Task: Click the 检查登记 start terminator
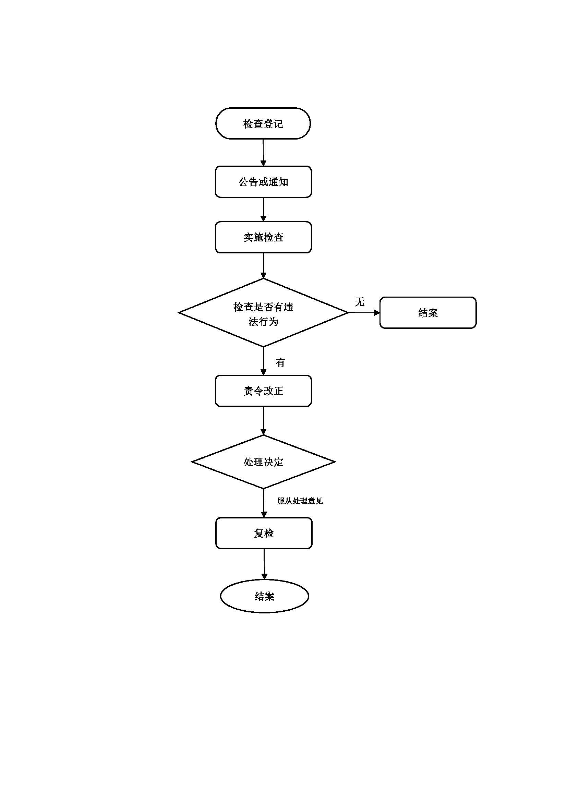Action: [263, 123]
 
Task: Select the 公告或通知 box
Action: [263, 182]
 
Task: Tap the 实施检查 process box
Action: [263, 237]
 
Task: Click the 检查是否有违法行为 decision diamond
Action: [263, 313]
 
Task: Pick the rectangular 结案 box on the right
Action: [428, 313]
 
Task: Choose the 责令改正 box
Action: [263, 391]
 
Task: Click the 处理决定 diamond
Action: [263, 462]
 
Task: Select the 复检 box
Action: [264, 533]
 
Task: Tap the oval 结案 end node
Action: [264, 596]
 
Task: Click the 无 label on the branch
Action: [360, 302]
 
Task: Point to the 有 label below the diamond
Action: [280, 362]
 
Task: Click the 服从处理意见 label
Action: [300, 501]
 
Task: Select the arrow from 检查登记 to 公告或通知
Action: [263, 152]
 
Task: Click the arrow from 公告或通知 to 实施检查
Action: [263, 209]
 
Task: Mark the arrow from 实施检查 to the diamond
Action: [263, 265]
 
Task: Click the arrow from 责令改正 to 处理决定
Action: [263, 421]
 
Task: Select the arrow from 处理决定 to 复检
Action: [264, 503]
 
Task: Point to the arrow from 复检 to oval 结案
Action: [264, 564]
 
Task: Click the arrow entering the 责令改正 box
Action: [263, 361]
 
